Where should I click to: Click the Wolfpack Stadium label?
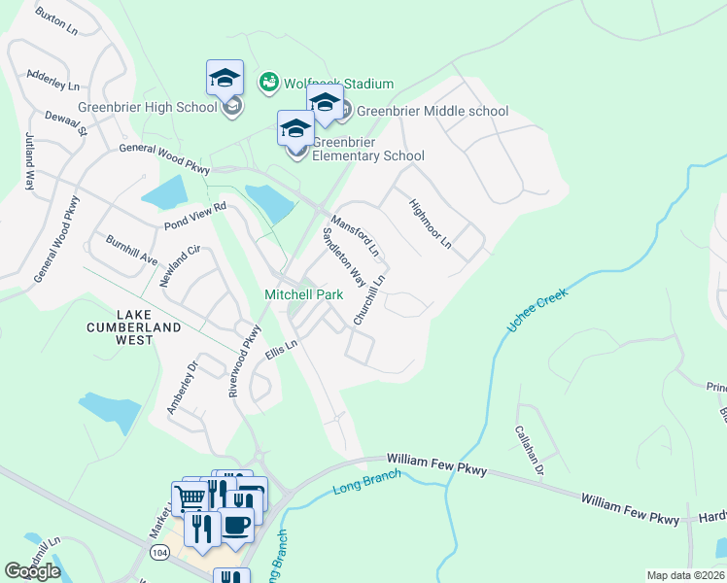click(x=338, y=84)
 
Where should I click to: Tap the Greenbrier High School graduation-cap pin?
click(x=225, y=77)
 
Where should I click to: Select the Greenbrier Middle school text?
click(x=433, y=111)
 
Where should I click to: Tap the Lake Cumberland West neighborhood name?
click(x=149, y=327)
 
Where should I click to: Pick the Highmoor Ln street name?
click(x=431, y=223)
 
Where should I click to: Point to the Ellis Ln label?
click(x=280, y=351)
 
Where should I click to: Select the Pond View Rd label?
click(x=194, y=216)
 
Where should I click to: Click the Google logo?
click(x=32, y=571)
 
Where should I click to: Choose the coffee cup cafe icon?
click(x=235, y=525)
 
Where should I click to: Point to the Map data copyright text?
click(x=685, y=575)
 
